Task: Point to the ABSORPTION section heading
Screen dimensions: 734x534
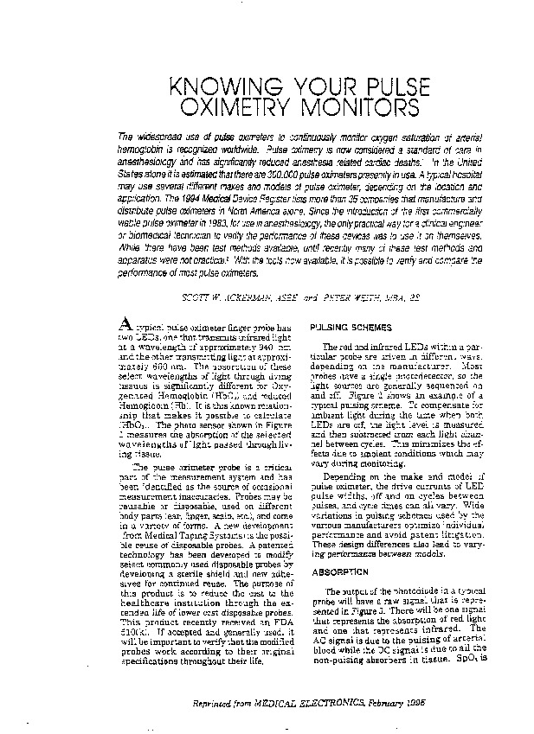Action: coord(334,571)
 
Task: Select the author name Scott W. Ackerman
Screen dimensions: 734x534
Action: coord(224,297)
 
